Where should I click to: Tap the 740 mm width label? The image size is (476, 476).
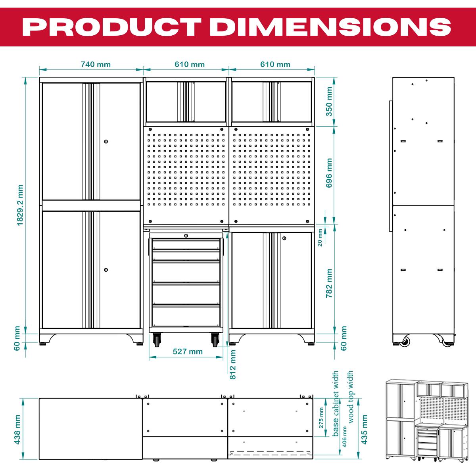(96, 64)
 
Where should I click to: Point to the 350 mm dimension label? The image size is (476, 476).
(329, 102)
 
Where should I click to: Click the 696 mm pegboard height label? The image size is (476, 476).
(329, 175)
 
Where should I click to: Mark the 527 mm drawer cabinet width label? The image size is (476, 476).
(188, 351)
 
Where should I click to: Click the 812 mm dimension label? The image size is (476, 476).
(233, 364)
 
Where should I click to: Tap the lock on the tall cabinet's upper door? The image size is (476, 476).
(106, 141)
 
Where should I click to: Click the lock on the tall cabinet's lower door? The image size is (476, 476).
(106, 270)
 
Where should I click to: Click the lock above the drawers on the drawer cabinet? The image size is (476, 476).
(186, 236)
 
